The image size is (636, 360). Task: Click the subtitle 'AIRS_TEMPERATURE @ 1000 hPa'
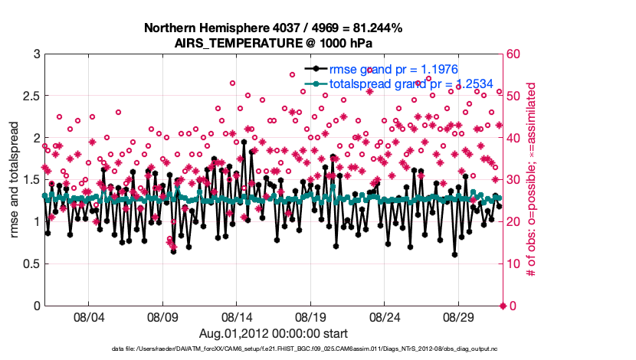coord(273,43)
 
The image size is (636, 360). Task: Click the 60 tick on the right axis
coord(513,54)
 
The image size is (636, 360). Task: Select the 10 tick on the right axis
coord(513,264)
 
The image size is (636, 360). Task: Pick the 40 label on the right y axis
coord(513,139)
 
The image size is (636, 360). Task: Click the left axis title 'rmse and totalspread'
coord(13,180)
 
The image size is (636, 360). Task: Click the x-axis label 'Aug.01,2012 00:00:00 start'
coord(273,333)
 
